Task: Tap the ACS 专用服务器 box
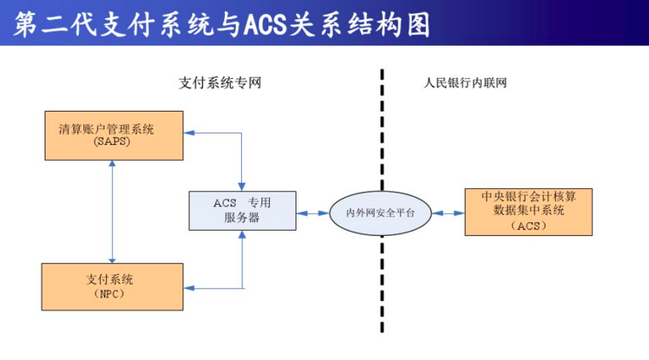point(242,211)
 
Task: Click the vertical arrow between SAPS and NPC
point(113,211)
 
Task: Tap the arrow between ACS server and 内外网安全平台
point(312,212)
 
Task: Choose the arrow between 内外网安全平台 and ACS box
point(449,212)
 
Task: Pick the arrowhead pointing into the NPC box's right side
point(189,287)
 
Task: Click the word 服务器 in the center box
point(242,219)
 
